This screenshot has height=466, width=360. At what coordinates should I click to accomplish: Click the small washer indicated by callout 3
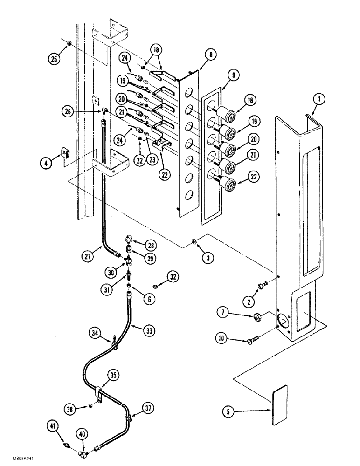[193, 241]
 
